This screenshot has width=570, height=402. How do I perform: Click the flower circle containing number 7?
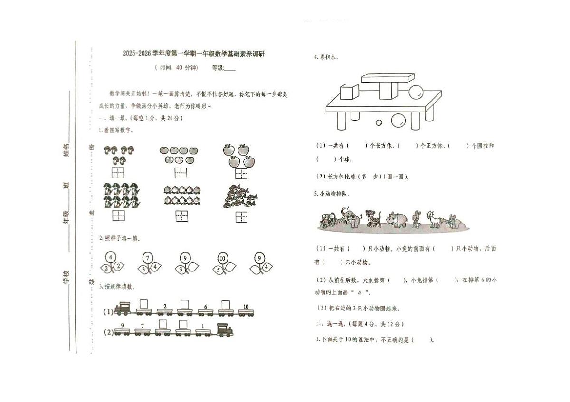pyautogui.click(x=148, y=259)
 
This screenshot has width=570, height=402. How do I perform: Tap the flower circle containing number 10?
pyautogui.click(x=222, y=259)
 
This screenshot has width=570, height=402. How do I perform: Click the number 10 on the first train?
pyautogui.click(x=246, y=307)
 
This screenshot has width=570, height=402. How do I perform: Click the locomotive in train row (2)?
pyautogui.click(x=225, y=330)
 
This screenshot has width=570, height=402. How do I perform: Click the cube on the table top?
pyautogui.click(x=349, y=92)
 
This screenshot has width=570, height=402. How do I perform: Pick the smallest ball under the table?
pyautogui.click(x=379, y=123)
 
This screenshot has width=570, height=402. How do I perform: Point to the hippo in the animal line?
pyautogui.click(x=397, y=219)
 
